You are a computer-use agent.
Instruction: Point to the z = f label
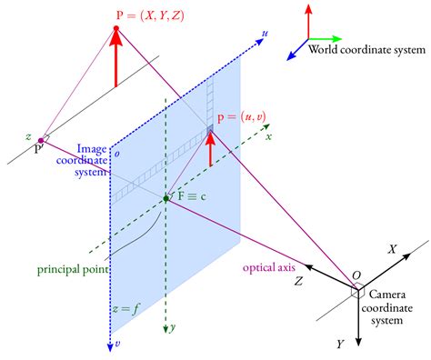[x=125, y=309]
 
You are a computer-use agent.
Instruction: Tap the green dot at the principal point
[x=165, y=197]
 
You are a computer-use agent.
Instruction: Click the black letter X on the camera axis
[x=394, y=248]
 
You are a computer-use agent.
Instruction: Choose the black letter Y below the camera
[x=339, y=345]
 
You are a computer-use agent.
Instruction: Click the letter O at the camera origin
[x=356, y=275]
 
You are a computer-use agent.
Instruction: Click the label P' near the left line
[x=38, y=149]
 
